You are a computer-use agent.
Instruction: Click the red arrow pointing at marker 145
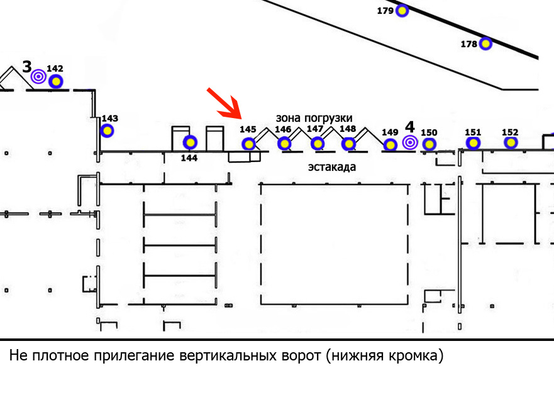click(x=224, y=104)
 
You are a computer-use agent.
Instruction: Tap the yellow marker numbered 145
click(x=249, y=144)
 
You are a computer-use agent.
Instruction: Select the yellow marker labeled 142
click(x=55, y=82)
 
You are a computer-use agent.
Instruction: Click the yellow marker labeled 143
click(x=107, y=131)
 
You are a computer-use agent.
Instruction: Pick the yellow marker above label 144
click(x=190, y=143)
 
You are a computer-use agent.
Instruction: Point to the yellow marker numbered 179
click(x=402, y=11)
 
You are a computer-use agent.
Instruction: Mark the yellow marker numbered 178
click(x=486, y=43)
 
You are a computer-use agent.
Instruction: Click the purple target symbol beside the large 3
click(x=38, y=76)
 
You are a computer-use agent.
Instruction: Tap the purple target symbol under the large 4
click(x=410, y=143)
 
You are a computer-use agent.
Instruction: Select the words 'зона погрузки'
click(x=314, y=118)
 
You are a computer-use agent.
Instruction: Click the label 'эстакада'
click(x=332, y=166)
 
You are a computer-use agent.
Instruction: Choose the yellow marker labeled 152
click(x=511, y=143)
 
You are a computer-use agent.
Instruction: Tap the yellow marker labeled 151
click(x=473, y=143)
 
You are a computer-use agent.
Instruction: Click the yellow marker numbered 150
click(x=429, y=144)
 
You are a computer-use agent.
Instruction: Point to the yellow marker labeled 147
click(x=318, y=144)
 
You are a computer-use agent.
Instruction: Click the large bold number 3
click(x=27, y=67)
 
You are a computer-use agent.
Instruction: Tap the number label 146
click(x=283, y=129)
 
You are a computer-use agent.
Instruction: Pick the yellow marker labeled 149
click(x=390, y=144)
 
